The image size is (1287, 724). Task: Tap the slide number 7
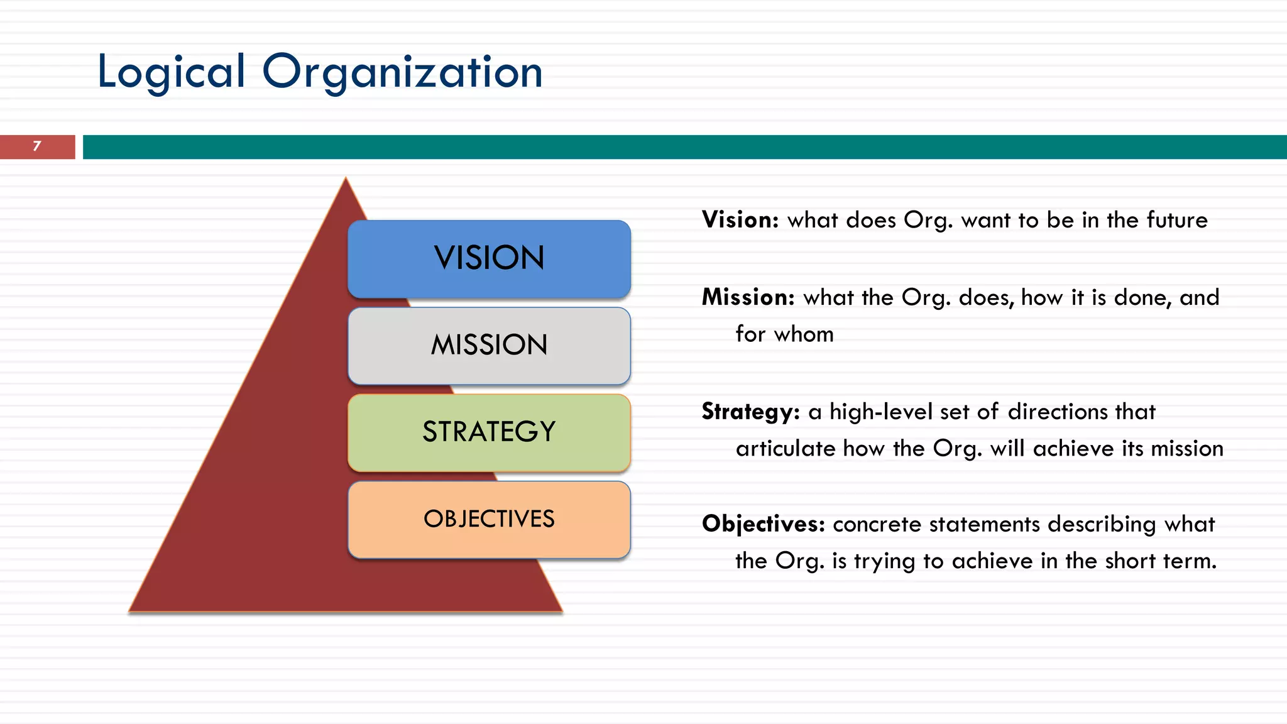[37, 146]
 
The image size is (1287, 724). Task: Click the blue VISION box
[489, 258]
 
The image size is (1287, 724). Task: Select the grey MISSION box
[489, 345]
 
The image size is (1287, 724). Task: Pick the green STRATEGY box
[489, 432]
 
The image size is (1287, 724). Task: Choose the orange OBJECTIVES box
[489, 519]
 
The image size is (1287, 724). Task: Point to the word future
[1177, 220]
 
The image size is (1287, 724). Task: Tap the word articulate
[786, 449]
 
